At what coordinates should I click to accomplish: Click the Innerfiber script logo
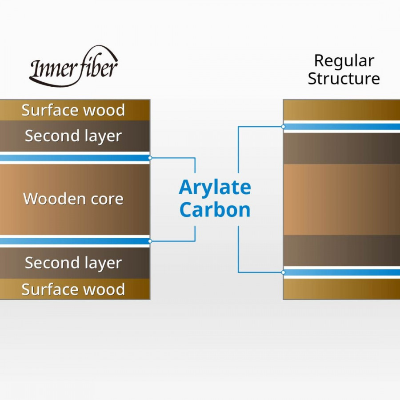[x=74, y=67]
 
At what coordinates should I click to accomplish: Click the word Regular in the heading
[x=344, y=61]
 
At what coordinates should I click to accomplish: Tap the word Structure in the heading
[x=344, y=79]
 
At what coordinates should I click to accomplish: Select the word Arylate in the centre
[x=215, y=188]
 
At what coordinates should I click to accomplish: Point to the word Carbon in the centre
[x=215, y=210]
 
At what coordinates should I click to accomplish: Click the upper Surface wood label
[x=73, y=110]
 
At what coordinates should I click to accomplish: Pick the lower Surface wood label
[x=73, y=289]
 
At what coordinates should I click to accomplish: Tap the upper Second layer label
[x=73, y=136]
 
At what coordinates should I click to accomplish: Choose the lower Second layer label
[x=73, y=263]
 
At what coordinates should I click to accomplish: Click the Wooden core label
[x=73, y=199]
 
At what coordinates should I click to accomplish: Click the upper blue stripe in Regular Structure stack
[x=342, y=127]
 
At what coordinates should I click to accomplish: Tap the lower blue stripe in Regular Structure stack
[x=342, y=272]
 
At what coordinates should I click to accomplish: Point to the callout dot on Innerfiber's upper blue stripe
[x=150, y=158]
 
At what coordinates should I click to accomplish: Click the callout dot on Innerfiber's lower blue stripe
[x=150, y=241]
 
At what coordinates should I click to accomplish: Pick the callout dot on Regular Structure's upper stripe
[x=283, y=127]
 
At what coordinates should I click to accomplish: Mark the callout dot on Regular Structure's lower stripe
[x=283, y=272]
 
